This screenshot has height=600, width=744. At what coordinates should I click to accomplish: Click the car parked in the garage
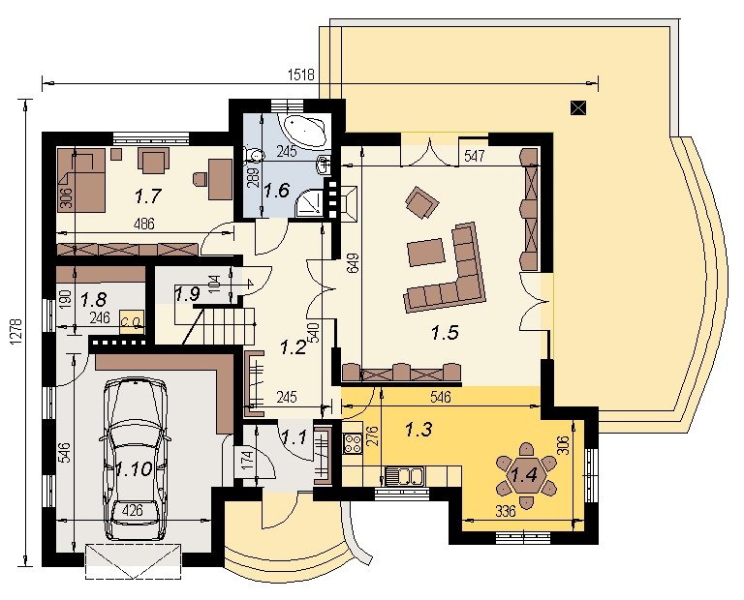(x=135, y=460)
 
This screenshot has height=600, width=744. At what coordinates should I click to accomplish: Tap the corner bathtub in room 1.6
(x=304, y=129)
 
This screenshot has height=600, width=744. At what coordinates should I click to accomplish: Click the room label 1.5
(x=445, y=333)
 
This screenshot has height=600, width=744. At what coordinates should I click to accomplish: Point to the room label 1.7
(x=148, y=196)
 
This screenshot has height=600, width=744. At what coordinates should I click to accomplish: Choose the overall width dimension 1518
(x=301, y=75)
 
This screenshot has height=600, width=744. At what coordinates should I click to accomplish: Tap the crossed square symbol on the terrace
(x=578, y=108)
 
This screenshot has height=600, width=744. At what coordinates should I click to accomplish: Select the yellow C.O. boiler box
(x=132, y=322)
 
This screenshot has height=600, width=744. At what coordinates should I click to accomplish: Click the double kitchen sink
(x=404, y=476)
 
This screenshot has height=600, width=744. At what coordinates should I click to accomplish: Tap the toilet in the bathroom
(x=254, y=155)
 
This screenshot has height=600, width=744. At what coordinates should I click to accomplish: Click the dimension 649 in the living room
(x=353, y=268)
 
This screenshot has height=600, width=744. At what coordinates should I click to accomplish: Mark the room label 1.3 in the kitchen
(x=418, y=430)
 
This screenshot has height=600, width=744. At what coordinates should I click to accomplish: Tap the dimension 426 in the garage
(x=132, y=511)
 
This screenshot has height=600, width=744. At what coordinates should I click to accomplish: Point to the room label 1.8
(x=93, y=299)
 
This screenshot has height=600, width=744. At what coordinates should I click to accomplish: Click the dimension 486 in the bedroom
(x=143, y=224)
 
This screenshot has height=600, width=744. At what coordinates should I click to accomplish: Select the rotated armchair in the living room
(x=421, y=202)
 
